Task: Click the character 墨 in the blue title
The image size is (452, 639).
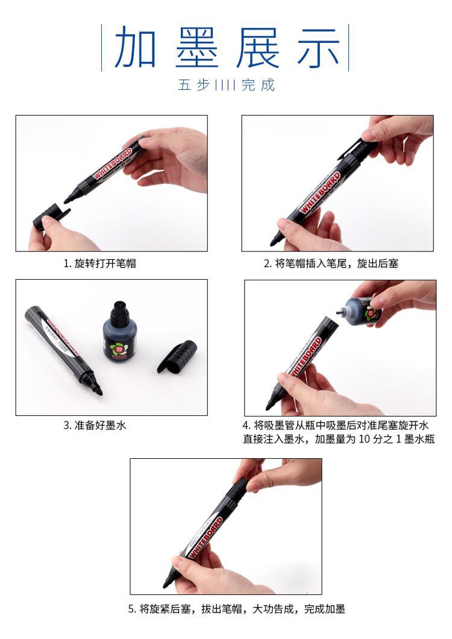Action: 197,48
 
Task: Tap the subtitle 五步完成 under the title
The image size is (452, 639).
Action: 226,85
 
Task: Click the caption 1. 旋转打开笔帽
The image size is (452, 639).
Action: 99,263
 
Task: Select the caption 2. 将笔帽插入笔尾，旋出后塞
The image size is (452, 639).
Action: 331,263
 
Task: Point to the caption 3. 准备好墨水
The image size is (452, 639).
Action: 95,426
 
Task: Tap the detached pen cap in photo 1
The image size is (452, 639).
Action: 51,217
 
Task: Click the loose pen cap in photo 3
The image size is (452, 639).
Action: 177,357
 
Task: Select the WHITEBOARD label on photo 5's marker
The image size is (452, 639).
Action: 206,537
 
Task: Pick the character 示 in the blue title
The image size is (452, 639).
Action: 319,48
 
